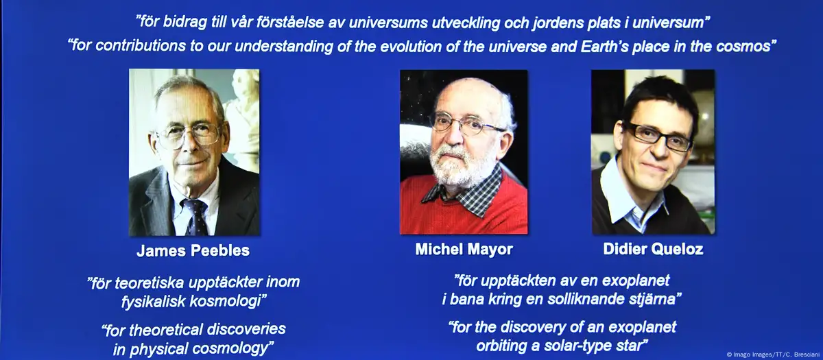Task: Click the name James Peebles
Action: click(193, 250)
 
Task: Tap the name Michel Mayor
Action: click(464, 250)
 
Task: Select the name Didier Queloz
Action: click(653, 249)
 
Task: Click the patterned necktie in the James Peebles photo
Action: click(196, 217)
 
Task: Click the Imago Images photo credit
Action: click(773, 355)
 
